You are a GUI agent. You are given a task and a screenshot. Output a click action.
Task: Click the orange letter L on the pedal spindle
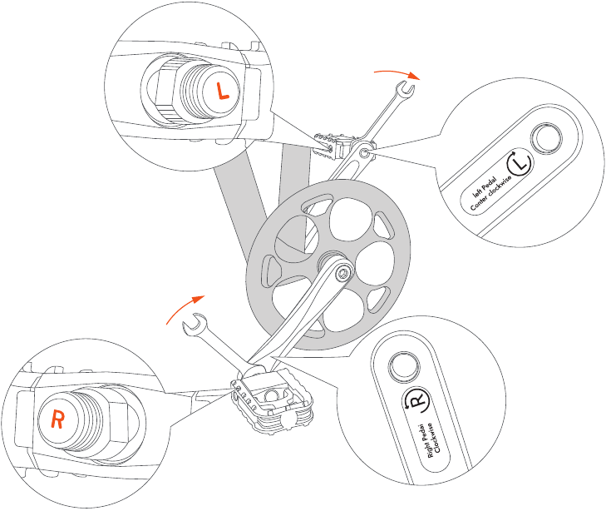click(x=221, y=91)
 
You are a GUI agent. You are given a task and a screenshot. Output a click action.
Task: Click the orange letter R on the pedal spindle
click(x=57, y=419)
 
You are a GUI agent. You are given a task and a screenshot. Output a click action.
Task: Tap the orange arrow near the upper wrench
click(x=397, y=73)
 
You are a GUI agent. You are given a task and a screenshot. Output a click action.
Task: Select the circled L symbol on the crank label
click(x=520, y=165)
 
